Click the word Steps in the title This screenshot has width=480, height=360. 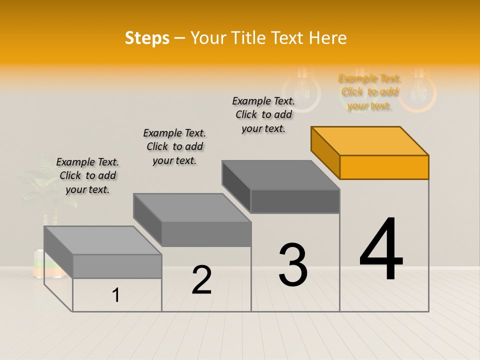coord(147,38)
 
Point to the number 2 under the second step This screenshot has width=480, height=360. coord(201,279)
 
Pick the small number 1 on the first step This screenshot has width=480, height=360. coord(116,295)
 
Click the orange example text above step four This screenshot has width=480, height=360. coord(369,92)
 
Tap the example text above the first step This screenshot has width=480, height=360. coord(87,175)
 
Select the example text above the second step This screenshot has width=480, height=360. coord(174,146)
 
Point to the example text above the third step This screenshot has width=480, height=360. coord(263,114)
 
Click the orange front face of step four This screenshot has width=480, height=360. coord(384,167)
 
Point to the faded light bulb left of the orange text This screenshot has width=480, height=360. coord(301,90)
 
